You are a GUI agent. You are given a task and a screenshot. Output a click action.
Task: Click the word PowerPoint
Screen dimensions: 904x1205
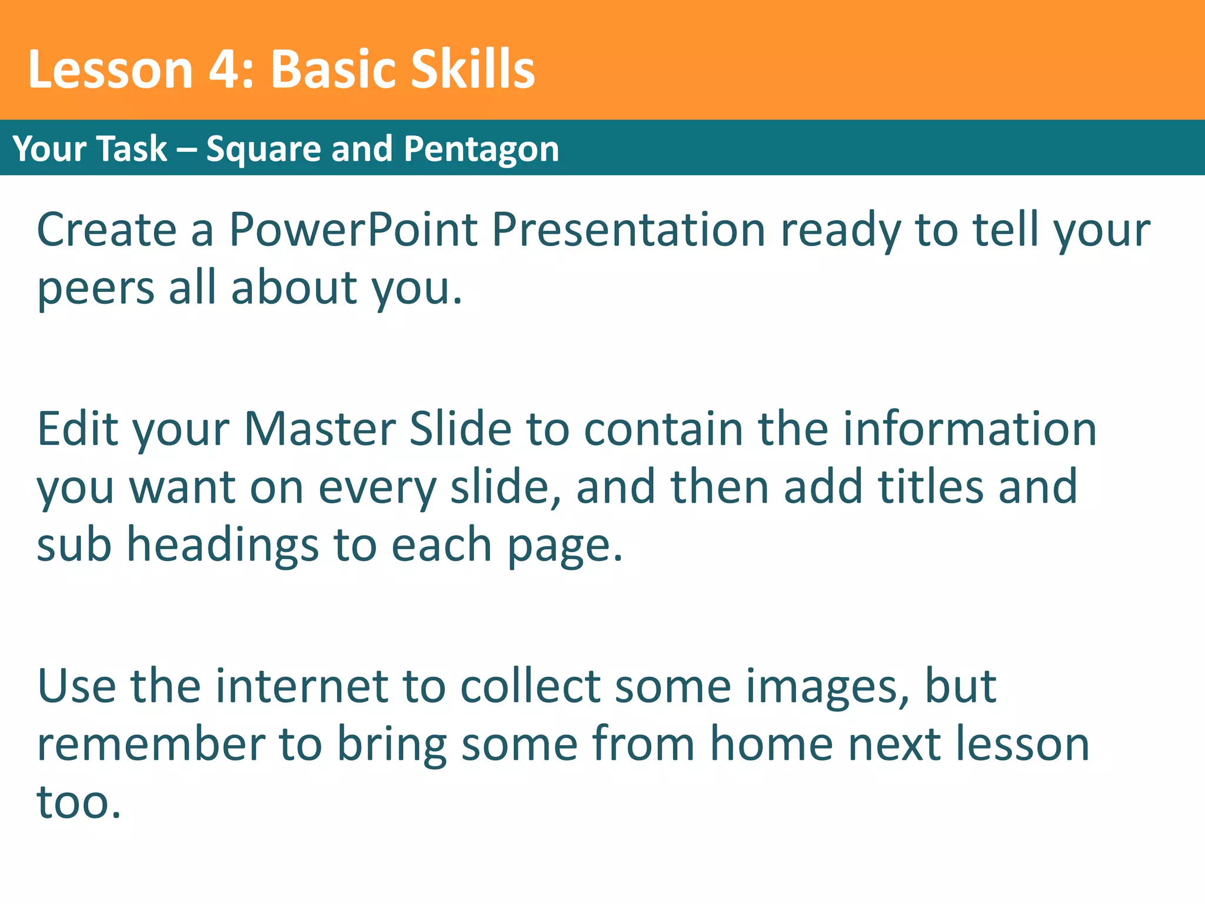353,230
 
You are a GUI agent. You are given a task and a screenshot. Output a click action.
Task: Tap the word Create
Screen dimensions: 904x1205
106,230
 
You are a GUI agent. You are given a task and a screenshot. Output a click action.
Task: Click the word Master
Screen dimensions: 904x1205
319,428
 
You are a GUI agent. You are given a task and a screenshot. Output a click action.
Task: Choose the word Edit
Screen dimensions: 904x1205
77,428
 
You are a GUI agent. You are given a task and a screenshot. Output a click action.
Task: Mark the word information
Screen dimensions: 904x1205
970,428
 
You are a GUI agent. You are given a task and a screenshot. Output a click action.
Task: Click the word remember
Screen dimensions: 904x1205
151,744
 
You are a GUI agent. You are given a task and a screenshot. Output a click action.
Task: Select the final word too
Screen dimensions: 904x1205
79,802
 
